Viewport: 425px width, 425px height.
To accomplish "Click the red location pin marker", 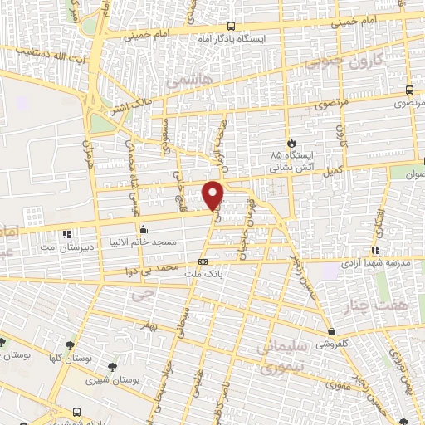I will [213, 193].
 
